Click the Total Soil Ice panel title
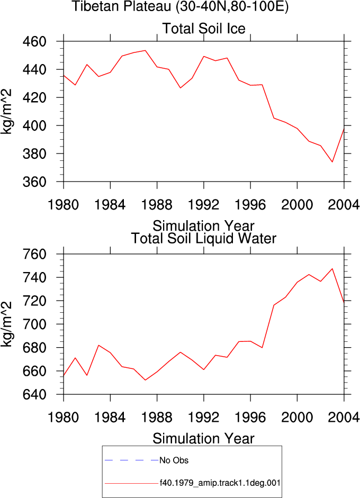204,29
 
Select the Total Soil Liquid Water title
204,239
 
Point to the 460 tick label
34,42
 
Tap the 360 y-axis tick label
34,182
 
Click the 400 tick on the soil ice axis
34,126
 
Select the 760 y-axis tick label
34,254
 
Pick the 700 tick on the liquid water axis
34,324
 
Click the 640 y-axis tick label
34,394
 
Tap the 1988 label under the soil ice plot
157,205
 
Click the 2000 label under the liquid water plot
297,418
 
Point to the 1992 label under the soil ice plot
204,205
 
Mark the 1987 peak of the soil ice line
145,50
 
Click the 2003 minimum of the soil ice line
332,162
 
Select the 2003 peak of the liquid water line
332,269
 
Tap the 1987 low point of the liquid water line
145,380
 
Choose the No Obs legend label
174,460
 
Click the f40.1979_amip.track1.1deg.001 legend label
220,483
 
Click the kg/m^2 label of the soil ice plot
6,112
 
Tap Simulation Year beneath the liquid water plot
204,439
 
